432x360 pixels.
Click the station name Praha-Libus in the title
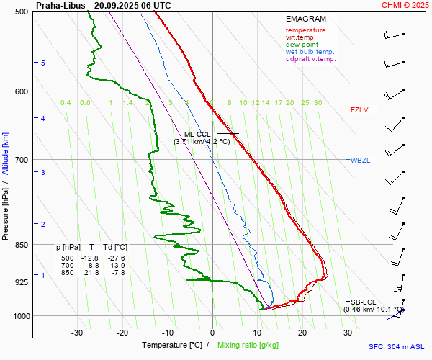[x=60, y=5]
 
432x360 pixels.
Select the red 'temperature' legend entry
[x=305, y=30]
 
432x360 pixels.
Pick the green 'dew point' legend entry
[x=302, y=45]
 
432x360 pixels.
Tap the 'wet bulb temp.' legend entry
[x=310, y=52]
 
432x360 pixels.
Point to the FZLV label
[x=359, y=110]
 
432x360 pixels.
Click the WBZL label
[x=360, y=160]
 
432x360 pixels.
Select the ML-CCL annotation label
[x=197, y=134]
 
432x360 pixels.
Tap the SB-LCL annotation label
[x=362, y=302]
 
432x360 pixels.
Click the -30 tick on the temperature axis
[x=77, y=333]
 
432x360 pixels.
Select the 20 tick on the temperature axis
[x=302, y=333]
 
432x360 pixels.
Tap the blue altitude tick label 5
[x=43, y=63]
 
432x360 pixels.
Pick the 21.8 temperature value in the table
[x=92, y=272]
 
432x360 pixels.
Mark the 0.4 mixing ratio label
[x=66, y=103]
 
